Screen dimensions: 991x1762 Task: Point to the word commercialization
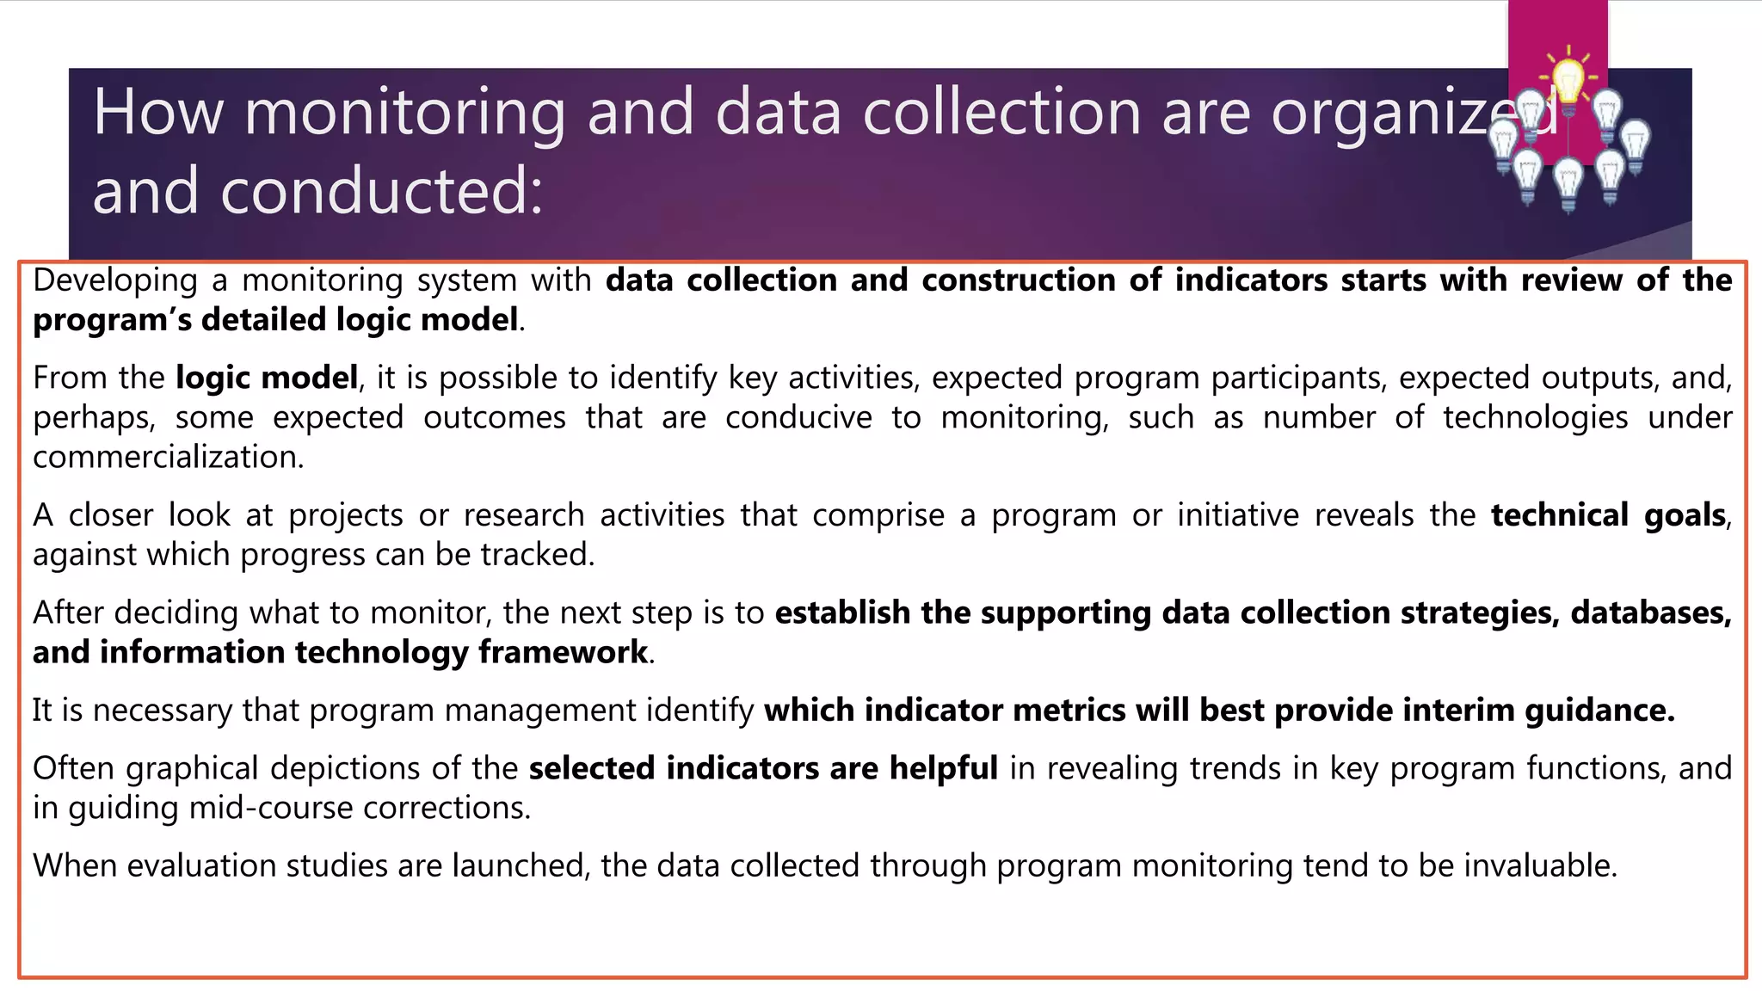(168, 457)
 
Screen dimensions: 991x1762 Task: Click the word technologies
(1536, 417)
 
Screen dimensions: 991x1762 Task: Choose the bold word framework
(563, 652)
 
